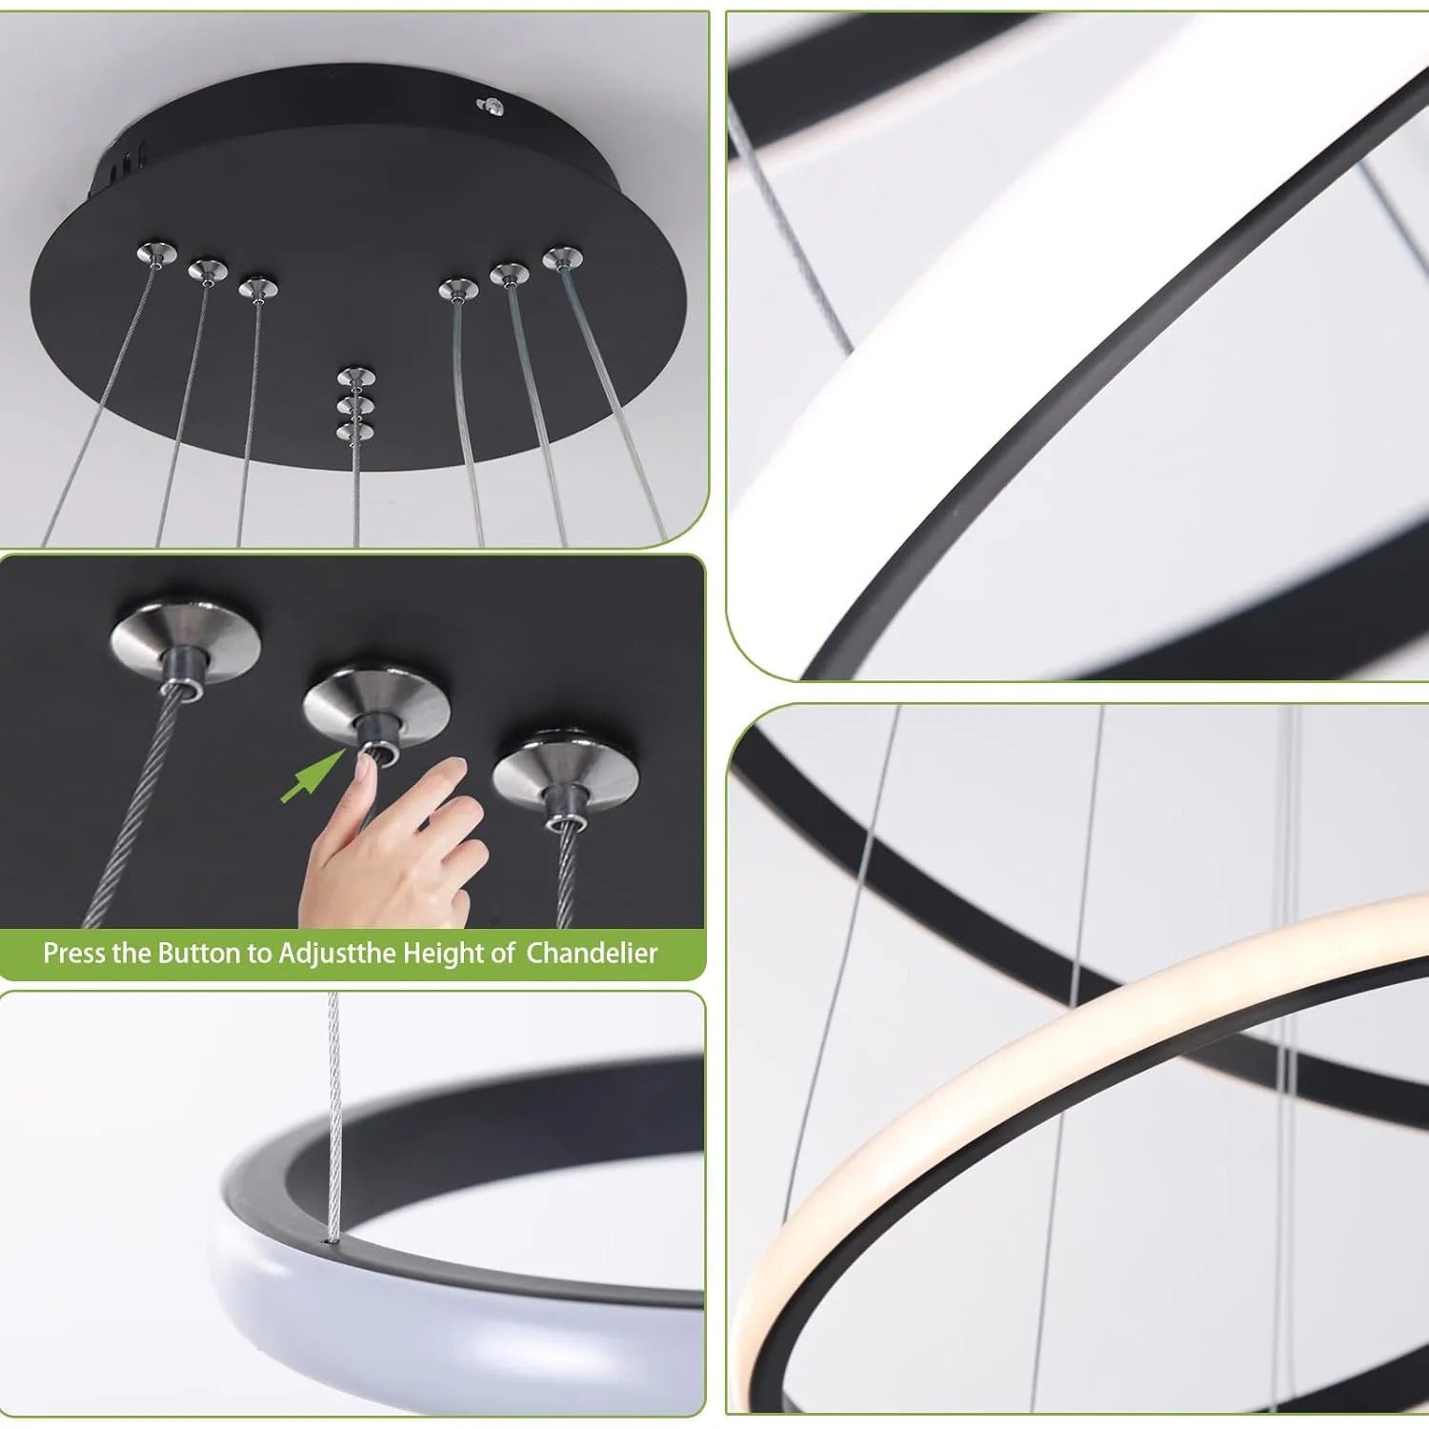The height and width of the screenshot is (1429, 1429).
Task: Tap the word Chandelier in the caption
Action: tap(592, 953)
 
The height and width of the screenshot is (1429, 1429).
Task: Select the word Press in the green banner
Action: tap(74, 953)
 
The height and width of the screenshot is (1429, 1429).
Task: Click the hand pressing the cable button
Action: tap(400, 848)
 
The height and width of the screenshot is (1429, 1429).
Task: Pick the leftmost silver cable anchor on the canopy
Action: tap(157, 253)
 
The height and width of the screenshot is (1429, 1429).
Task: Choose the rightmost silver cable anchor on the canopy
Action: tap(562, 258)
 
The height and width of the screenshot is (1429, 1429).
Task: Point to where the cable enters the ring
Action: tap(332, 1239)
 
